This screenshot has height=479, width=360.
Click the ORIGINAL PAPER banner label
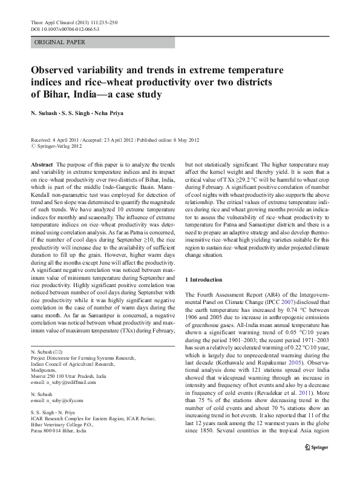click(x=60, y=42)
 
